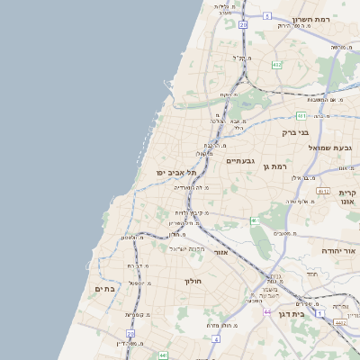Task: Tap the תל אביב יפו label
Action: (x=163, y=171)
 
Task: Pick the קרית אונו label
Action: (x=349, y=197)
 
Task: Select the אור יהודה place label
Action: (x=338, y=250)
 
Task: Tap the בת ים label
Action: (x=105, y=288)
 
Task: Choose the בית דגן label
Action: (x=311, y=313)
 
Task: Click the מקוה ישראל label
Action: (x=189, y=247)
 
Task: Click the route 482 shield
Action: (x=276, y=65)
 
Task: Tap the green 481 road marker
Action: (x=301, y=115)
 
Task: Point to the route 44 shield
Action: (x=267, y=311)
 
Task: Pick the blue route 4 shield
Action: (x=217, y=338)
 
